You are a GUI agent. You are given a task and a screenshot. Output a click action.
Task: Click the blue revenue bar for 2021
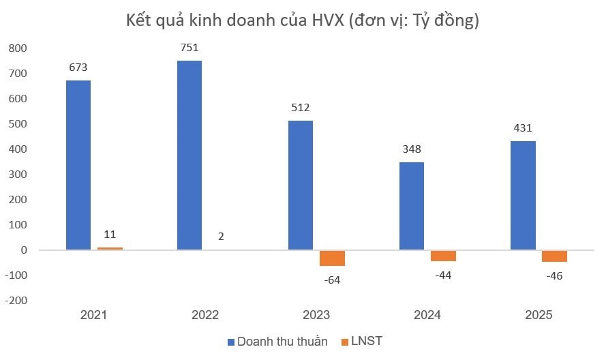(78, 165)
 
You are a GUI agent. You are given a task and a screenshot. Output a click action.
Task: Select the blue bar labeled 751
(190, 155)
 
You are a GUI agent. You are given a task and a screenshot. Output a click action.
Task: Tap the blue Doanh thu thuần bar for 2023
(301, 185)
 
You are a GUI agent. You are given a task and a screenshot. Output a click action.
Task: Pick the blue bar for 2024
(412, 206)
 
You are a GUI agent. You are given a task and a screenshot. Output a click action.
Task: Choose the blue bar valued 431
(524, 196)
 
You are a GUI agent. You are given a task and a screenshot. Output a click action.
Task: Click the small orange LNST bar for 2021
(110, 249)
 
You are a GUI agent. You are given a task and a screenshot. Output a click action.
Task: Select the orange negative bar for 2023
(332, 258)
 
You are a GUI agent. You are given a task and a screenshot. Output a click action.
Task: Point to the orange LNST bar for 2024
(443, 256)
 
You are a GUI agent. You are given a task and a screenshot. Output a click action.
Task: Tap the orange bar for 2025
(554, 256)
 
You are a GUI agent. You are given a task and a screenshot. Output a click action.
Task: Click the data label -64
(332, 279)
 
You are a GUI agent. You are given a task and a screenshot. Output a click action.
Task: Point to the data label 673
(78, 67)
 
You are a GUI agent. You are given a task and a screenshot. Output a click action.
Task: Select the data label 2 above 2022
(221, 237)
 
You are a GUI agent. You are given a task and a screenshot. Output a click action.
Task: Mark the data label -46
(554, 275)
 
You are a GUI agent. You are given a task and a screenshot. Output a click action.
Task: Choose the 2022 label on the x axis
(205, 315)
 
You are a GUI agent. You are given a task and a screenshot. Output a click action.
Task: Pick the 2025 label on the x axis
(539, 315)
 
